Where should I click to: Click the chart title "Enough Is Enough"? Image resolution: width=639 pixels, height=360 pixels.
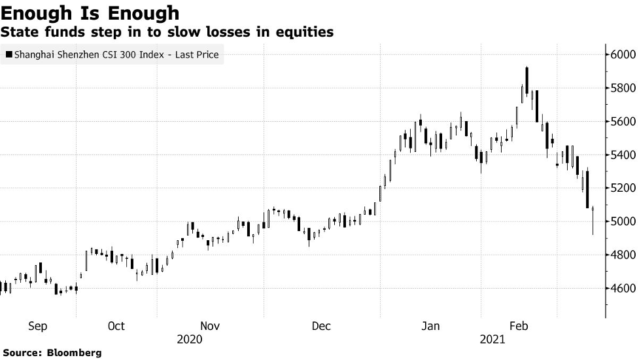(x=90, y=12)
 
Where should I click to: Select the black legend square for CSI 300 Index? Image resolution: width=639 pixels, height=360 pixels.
(x=9, y=55)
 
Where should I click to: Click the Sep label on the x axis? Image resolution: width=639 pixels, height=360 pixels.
(x=37, y=326)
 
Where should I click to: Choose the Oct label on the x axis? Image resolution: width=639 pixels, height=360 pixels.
(x=116, y=326)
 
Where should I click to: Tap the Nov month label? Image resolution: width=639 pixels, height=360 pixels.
(x=210, y=326)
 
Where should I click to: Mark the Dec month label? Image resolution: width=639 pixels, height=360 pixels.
(x=321, y=326)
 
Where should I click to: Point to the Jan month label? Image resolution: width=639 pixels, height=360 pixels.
(x=430, y=326)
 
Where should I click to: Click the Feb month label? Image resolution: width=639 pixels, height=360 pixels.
(x=519, y=326)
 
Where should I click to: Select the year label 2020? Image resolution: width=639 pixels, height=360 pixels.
(x=190, y=339)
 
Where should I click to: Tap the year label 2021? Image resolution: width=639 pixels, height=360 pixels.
(x=492, y=339)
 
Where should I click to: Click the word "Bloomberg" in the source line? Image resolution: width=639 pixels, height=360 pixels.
(x=74, y=353)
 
